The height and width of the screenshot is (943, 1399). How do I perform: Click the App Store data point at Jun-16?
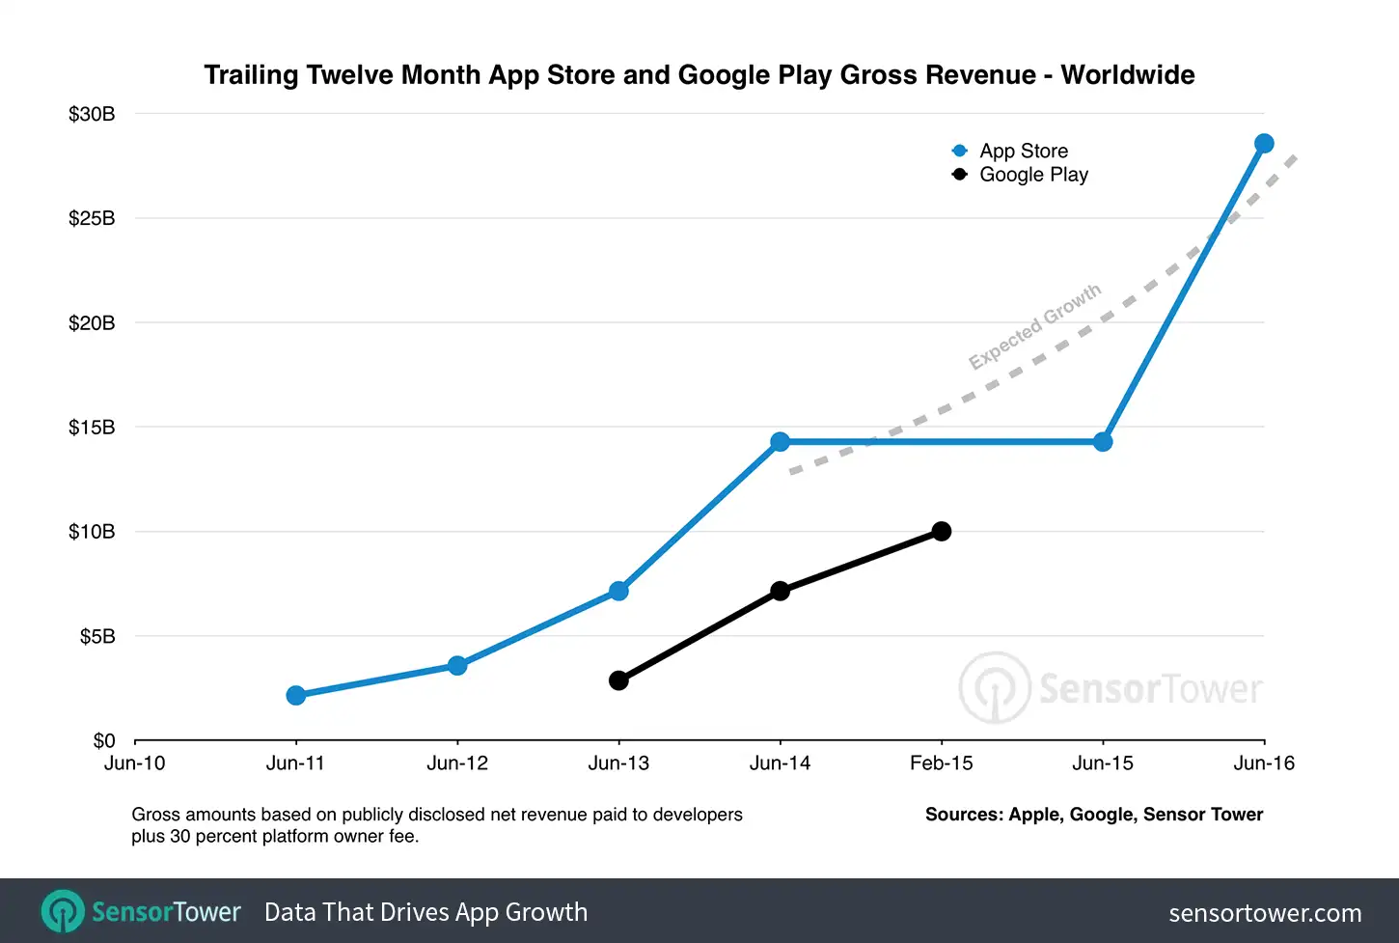[1264, 144]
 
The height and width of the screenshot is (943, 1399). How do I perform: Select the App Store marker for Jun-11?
[296, 696]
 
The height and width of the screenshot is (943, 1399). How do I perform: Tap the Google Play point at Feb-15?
[942, 531]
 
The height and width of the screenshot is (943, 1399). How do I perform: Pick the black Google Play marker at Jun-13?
[618, 680]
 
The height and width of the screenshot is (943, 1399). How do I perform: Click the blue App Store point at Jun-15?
[1103, 442]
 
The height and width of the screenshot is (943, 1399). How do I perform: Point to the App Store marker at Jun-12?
[457, 666]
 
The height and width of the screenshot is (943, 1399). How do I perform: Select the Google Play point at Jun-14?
[781, 591]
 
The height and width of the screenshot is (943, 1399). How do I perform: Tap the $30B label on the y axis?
[92, 114]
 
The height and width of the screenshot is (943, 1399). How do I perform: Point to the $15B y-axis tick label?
[92, 427]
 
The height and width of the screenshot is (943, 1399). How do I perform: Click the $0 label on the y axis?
[103, 740]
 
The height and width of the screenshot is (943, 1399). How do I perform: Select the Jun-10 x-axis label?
[135, 763]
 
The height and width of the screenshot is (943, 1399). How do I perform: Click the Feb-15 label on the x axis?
[942, 763]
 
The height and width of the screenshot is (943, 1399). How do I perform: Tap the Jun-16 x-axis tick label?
[1264, 763]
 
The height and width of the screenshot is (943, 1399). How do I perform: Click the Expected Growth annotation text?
[1034, 327]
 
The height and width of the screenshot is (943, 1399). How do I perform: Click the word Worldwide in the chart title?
[1128, 75]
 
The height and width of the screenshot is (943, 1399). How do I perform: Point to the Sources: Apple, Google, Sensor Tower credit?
[1094, 815]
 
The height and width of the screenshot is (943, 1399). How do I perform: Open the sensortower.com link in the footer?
[1265, 913]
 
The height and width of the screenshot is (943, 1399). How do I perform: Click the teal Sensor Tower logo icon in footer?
[64, 911]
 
